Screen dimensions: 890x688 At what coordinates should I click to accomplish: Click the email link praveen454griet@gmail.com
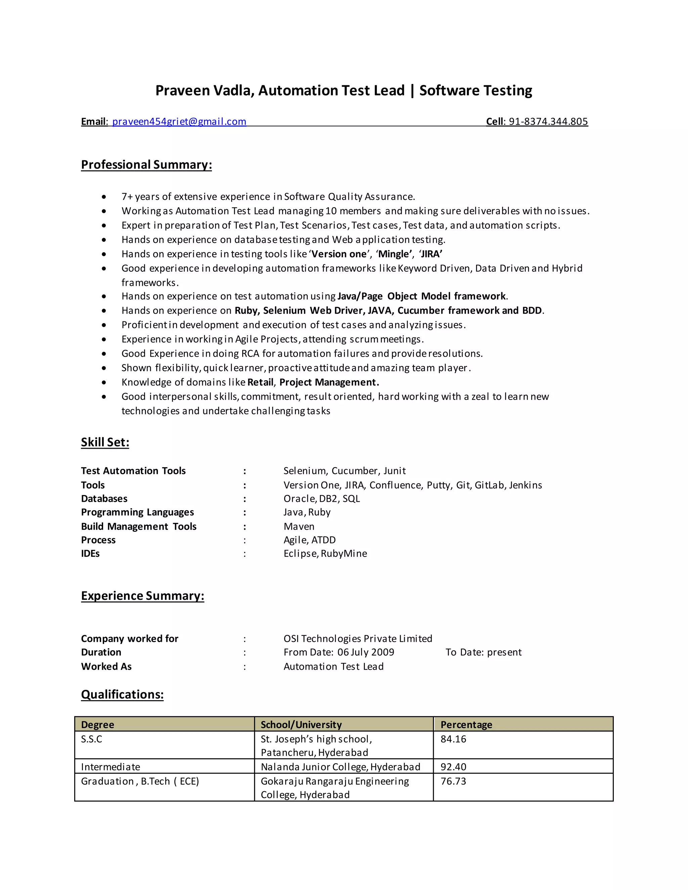(x=179, y=122)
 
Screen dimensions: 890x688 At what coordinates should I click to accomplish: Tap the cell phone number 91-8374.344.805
(x=548, y=122)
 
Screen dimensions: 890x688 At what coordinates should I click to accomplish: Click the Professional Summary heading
(x=146, y=165)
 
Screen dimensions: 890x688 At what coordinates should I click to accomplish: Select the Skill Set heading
(x=105, y=442)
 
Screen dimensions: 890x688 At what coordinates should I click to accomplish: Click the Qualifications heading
(x=122, y=695)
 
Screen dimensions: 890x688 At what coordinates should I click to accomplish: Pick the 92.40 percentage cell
(x=453, y=767)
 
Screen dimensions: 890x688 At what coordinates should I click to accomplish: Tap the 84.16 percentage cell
(x=453, y=739)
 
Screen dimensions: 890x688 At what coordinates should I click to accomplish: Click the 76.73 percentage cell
(x=453, y=781)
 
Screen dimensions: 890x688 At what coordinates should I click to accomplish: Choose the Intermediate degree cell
(x=111, y=767)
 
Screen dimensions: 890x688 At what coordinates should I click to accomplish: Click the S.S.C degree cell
(x=92, y=739)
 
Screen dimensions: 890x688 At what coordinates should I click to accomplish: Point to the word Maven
(x=299, y=527)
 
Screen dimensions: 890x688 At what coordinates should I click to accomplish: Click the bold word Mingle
(x=394, y=254)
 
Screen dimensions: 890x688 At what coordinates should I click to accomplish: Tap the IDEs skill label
(x=90, y=553)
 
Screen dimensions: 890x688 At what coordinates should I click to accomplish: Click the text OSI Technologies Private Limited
(x=357, y=638)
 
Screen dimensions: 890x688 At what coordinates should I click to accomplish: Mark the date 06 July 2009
(x=365, y=653)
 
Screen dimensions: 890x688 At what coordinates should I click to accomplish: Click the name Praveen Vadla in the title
(x=205, y=90)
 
